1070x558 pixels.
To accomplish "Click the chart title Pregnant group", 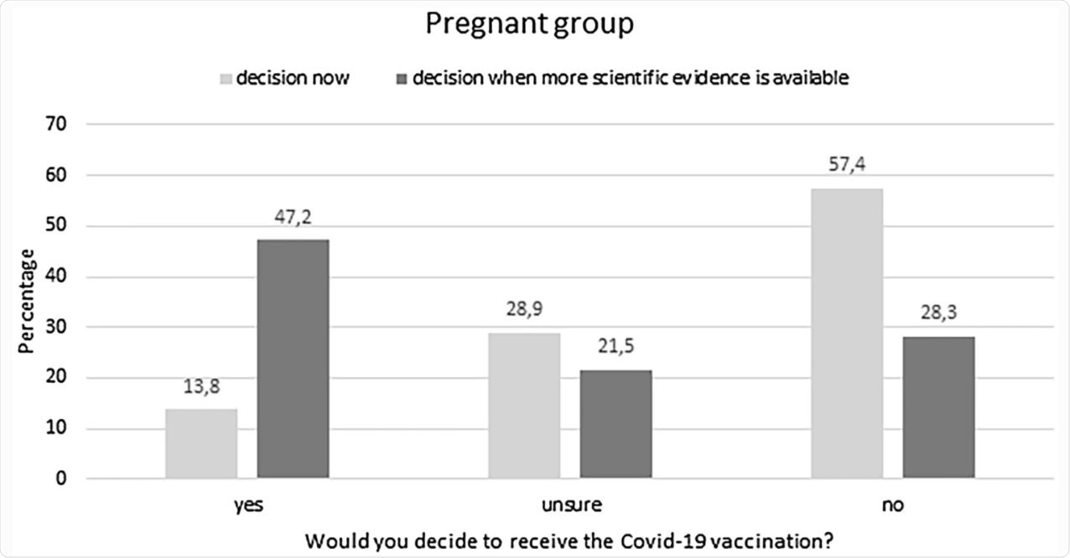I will coord(529,24).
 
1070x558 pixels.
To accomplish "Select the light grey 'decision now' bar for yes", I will coord(201,444).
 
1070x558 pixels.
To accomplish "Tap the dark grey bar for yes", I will coord(293,359).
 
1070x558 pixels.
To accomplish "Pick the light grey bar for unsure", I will coord(524,406).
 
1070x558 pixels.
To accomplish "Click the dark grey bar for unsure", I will coord(616,425).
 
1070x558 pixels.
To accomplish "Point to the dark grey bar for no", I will coord(938,407).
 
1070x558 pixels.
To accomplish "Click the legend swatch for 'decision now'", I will coord(225,80).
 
